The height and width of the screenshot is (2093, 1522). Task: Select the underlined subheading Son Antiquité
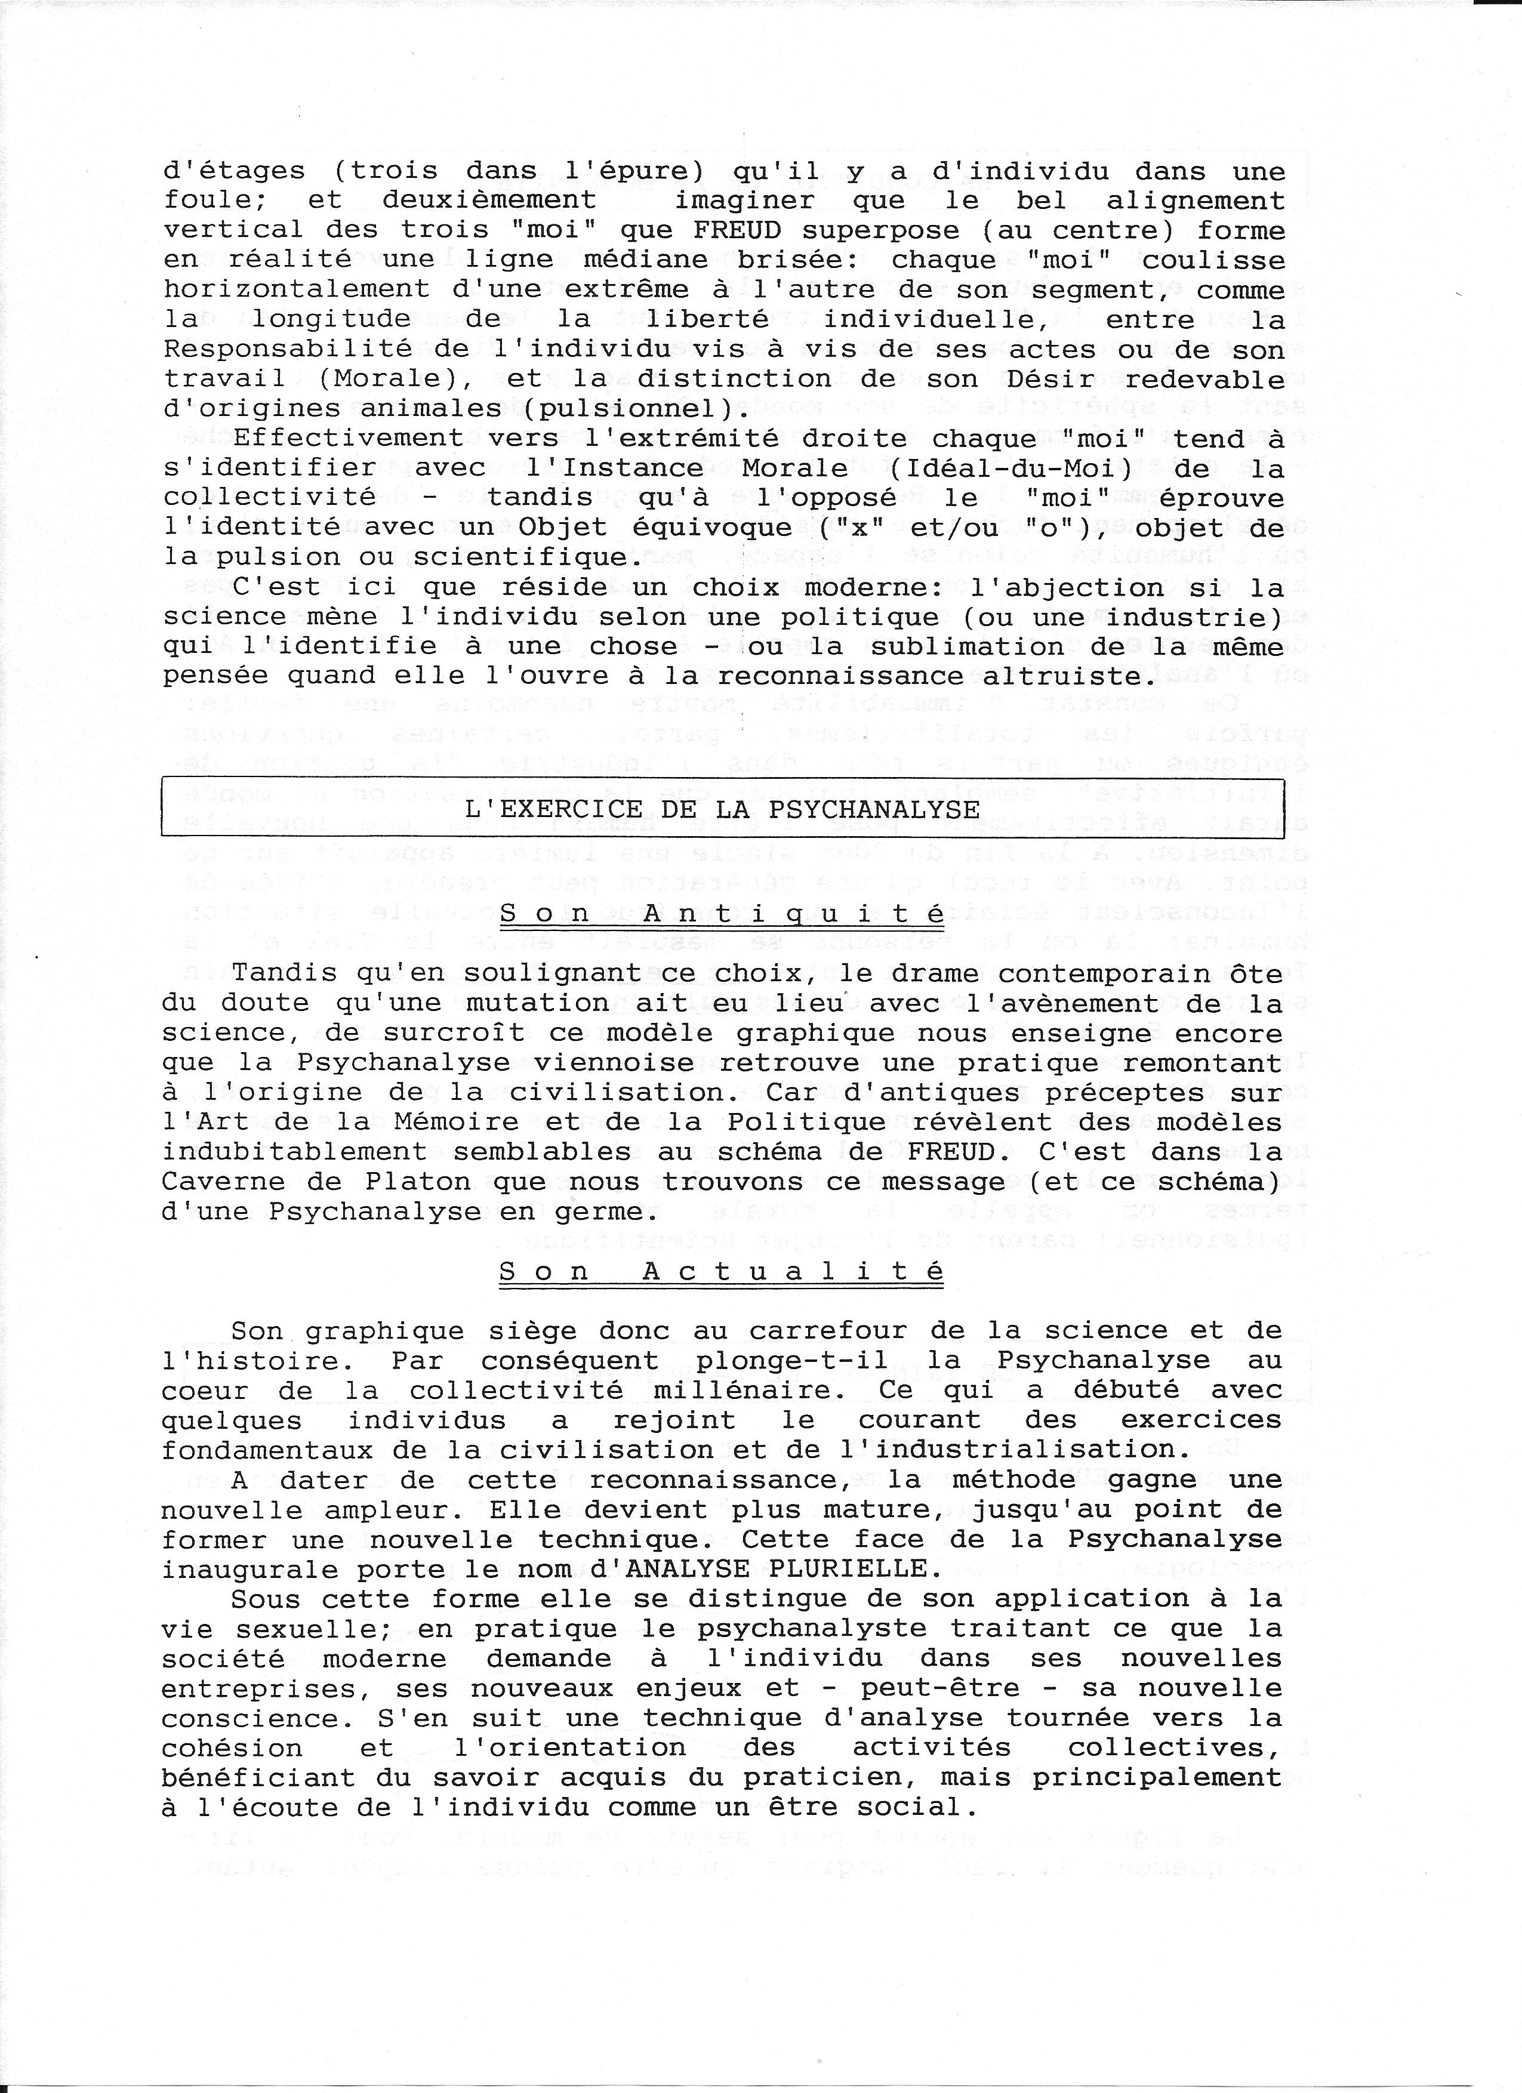point(722,914)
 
